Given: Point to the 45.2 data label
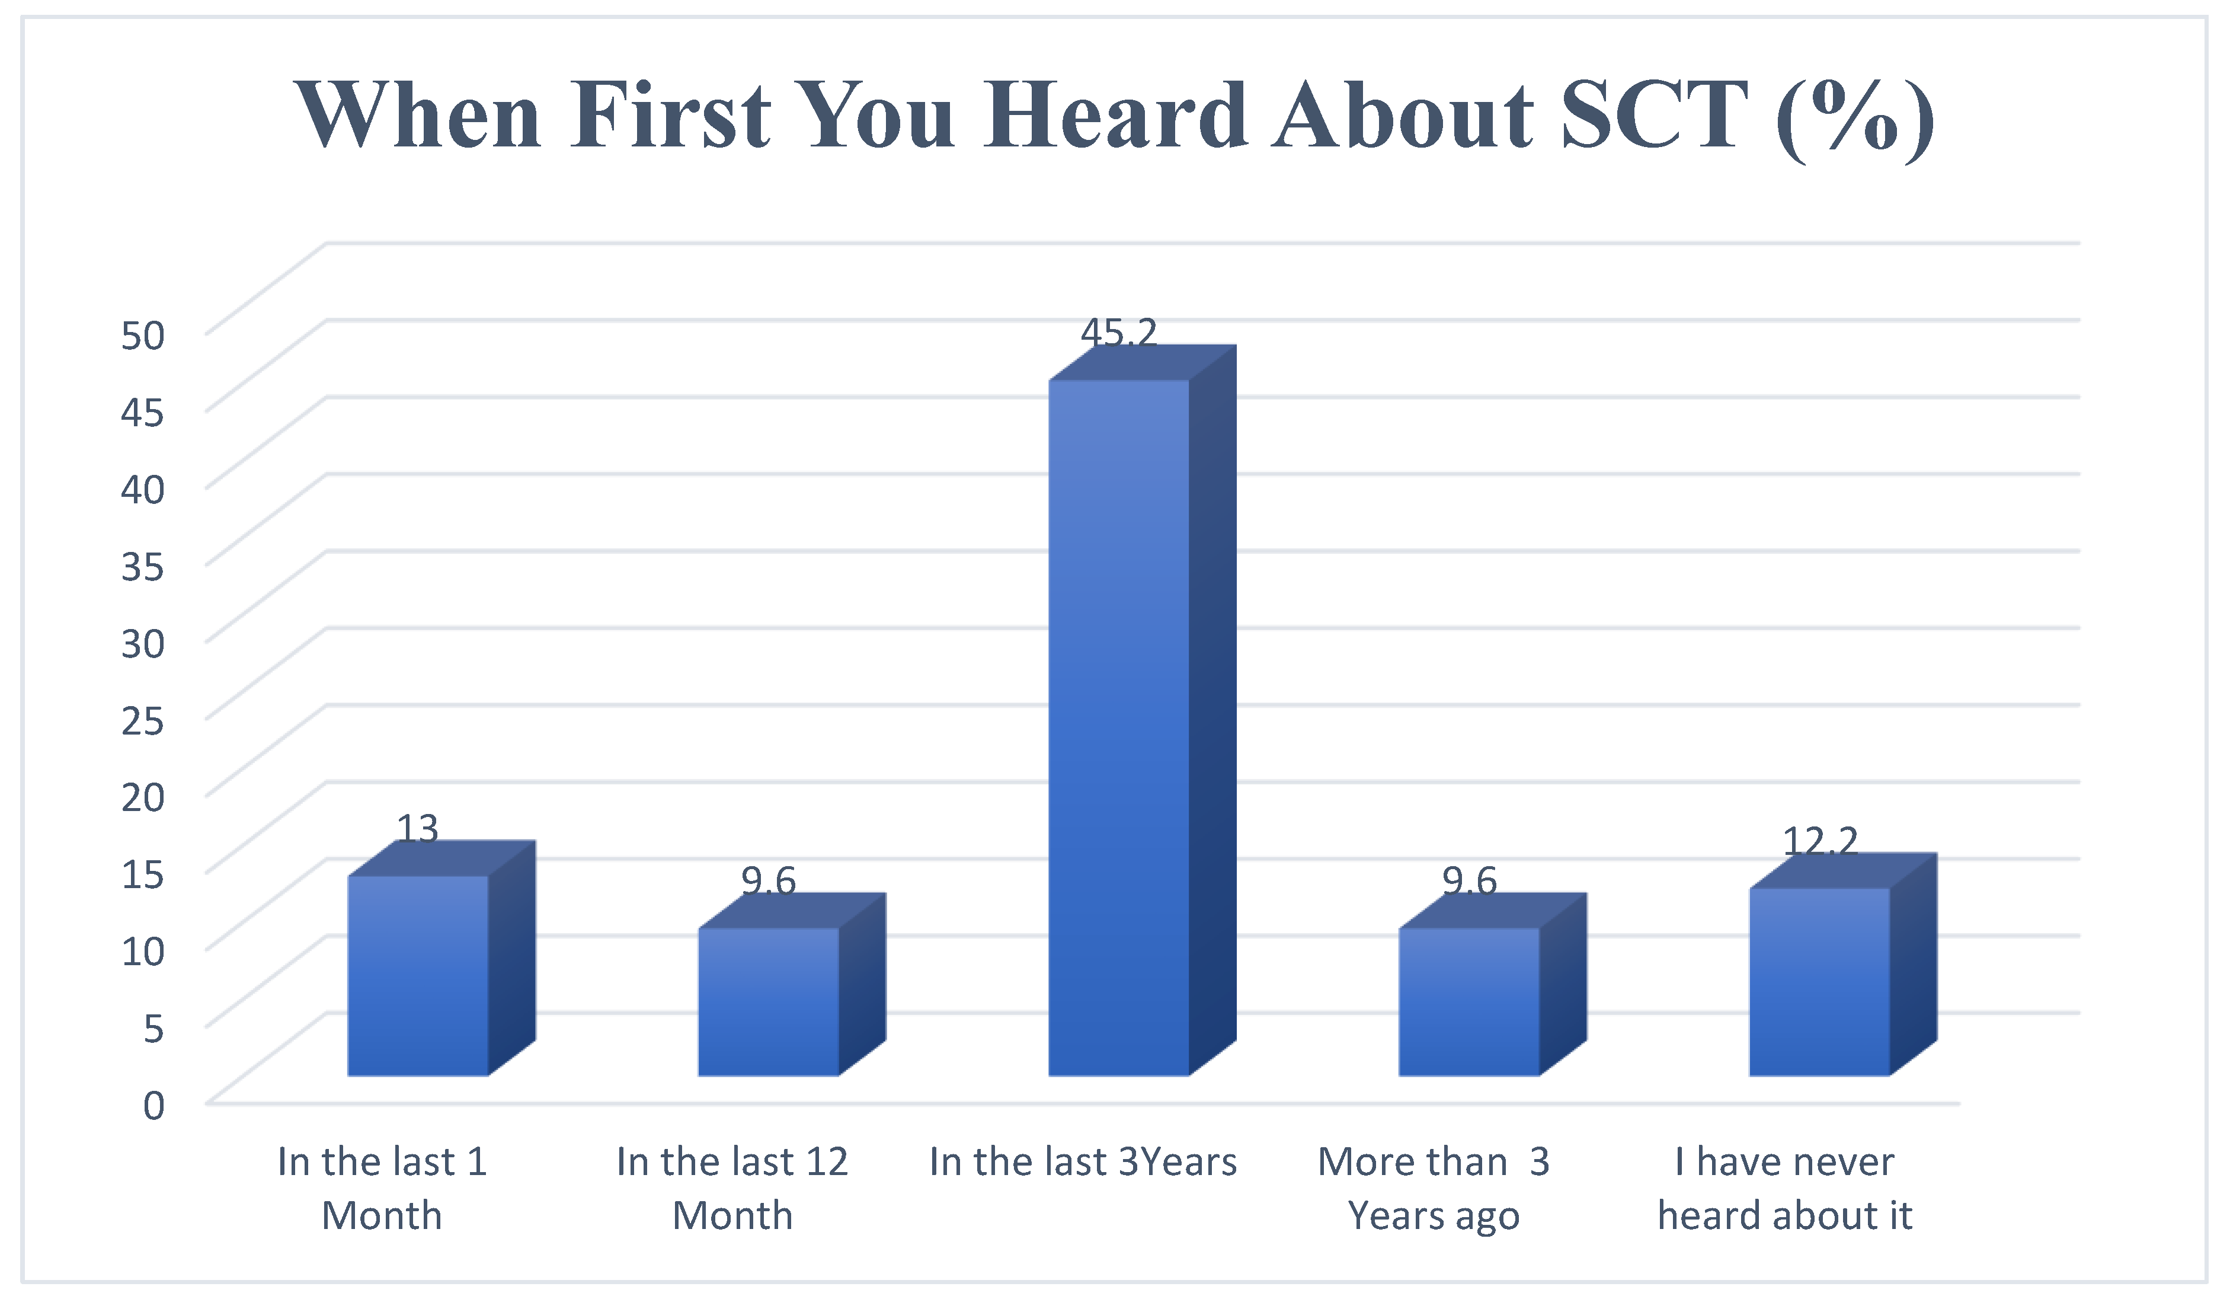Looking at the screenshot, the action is (x=1118, y=332).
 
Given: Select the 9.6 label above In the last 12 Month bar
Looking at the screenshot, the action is (x=768, y=881).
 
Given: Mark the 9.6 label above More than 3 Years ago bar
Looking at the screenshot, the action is (x=1469, y=881).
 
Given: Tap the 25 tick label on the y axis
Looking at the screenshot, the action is (x=142, y=720).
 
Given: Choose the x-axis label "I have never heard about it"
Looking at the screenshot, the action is (x=1785, y=1189).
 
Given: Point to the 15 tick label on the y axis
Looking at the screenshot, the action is (x=142, y=874).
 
